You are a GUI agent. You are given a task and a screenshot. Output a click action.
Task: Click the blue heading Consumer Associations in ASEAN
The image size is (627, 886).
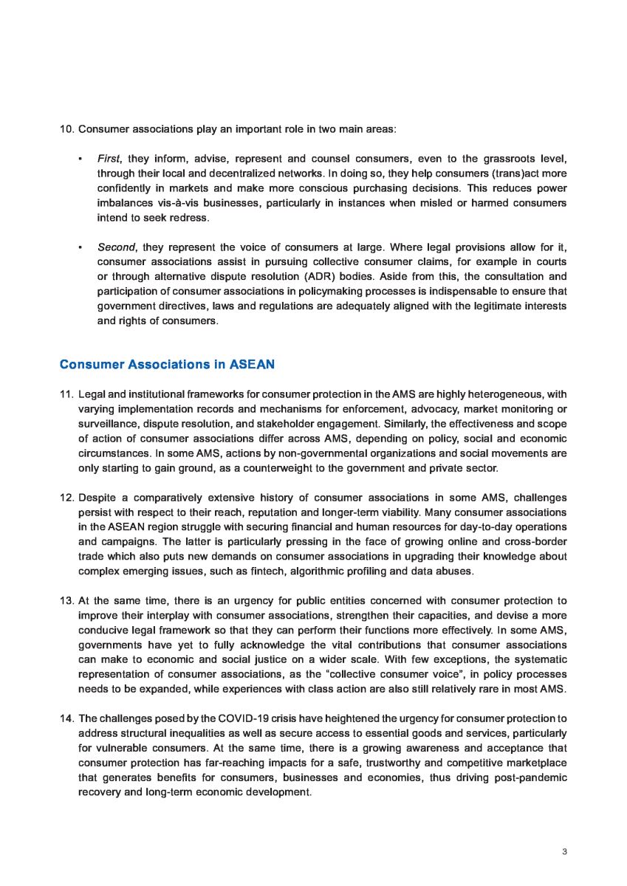(167, 365)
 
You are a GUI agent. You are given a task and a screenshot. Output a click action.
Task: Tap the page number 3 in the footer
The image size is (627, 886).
(564, 852)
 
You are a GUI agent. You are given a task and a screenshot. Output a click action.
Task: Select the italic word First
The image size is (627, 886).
(110, 159)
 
